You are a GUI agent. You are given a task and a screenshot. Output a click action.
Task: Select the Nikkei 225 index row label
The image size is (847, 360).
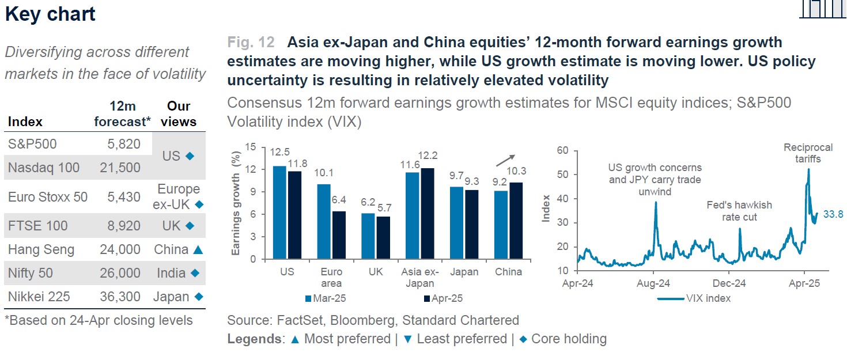(x=39, y=297)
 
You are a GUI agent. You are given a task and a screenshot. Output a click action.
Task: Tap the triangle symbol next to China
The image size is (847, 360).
(x=198, y=249)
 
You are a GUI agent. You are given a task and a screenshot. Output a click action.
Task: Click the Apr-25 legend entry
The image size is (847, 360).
(x=443, y=298)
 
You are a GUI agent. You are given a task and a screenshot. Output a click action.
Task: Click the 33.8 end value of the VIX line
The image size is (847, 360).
(x=832, y=214)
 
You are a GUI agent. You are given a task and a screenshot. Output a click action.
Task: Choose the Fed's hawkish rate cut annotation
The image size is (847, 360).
(x=739, y=211)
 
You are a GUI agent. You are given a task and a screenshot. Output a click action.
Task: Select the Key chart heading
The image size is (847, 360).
(x=50, y=14)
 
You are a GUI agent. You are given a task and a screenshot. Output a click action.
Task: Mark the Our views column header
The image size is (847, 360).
(x=179, y=114)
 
